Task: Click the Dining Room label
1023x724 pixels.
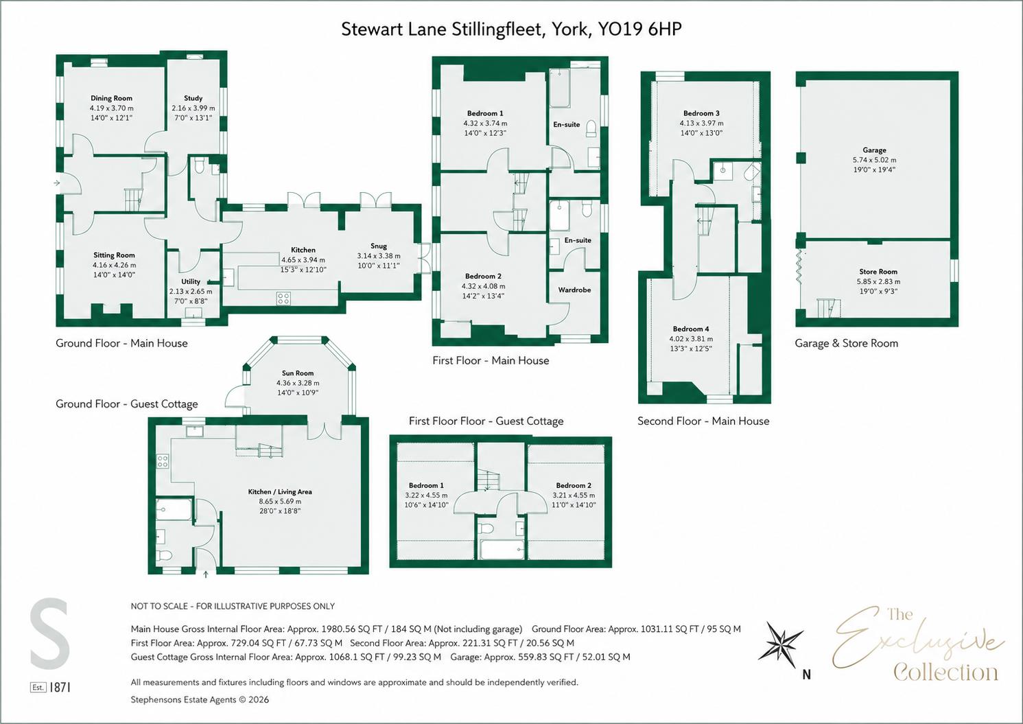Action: (x=111, y=98)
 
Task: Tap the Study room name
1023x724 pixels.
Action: (x=193, y=98)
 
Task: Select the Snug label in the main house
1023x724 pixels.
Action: (x=379, y=246)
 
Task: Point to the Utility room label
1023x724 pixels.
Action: (x=191, y=281)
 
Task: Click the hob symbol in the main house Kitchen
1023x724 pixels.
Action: (x=283, y=299)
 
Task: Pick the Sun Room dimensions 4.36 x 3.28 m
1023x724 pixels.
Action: (x=298, y=383)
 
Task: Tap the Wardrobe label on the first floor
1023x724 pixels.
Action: (x=574, y=290)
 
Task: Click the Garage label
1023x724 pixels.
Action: (x=875, y=150)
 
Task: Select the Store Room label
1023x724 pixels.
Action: (x=878, y=271)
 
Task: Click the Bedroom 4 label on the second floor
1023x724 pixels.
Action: (x=691, y=329)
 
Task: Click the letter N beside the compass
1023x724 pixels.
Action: (x=807, y=675)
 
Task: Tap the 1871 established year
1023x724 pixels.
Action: (x=60, y=687)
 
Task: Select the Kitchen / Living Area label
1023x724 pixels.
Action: (x=280, y=491)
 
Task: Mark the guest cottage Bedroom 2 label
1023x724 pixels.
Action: (x=574, y=485)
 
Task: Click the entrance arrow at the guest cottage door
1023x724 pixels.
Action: (x=206, y=574)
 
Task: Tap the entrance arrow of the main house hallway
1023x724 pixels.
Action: (x=57, y=183)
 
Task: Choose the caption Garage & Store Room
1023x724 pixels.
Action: (x=846, y=343)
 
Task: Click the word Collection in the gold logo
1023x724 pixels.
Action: (x=945, y=673)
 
